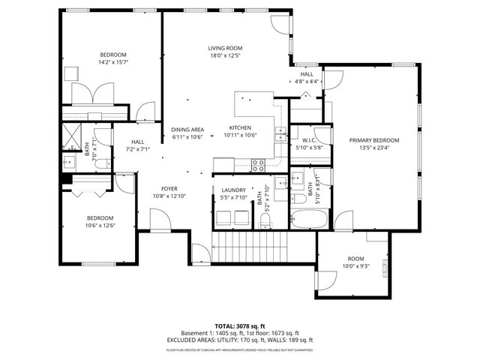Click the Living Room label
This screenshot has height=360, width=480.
[x=225, y=48]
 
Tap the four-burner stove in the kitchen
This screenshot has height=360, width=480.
[x=258, y=163]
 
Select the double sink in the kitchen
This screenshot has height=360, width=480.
[x=280, y=135]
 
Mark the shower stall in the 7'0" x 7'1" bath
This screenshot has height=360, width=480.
[x=72, y=136]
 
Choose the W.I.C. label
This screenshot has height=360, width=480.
[x=311, y=139]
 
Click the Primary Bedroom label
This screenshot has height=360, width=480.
[x=373, y=140]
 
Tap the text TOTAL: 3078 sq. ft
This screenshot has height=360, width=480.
[x=239, y=325]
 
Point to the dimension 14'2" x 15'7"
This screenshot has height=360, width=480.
[x=113, y=62]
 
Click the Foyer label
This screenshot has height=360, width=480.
[x=169, y=189]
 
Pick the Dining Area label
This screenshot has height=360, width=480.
[x=187, y=129]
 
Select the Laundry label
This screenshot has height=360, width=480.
[x=234, y=190]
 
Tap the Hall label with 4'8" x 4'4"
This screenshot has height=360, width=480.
[x=307, y=74]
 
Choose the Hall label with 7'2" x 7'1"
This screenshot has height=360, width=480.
[x=138, y=142]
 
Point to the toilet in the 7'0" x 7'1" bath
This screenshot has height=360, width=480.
[x=70, y=160]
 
